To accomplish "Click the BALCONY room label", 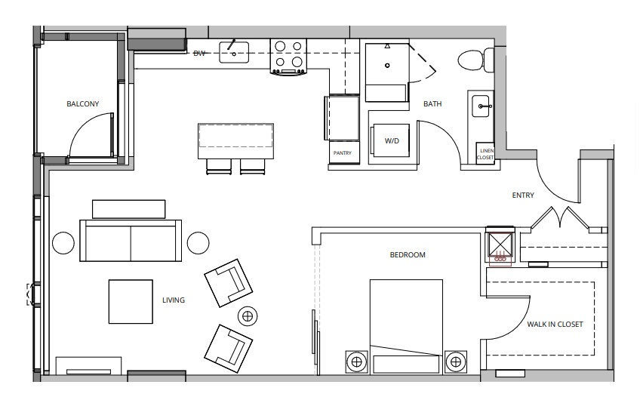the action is (83, 104).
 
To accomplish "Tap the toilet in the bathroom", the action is (476, 60).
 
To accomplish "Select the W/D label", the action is (392, 141).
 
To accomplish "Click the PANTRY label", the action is (343, 153).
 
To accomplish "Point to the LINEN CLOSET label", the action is (486, 154).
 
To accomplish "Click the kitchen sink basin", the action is (234, 52).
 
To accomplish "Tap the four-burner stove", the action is (288, 57).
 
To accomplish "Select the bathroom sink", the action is (481, 106).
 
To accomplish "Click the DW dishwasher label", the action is (198, 53).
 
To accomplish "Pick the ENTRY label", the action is (523, 195).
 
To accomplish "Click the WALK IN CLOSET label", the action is (555, 325).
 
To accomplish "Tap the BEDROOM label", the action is (408, 255).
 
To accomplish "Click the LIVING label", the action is (174, 300).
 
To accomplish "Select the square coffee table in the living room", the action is (131, 302).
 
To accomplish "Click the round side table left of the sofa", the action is (63, 243).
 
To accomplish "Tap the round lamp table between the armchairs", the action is (248, 315).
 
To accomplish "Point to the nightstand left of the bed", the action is (356, 362).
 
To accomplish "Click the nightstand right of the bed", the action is (456, 362).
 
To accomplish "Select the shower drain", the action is (387, 65).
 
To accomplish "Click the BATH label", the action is (432, 104).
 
